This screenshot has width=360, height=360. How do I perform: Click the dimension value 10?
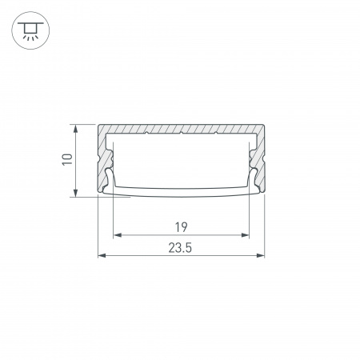click(x=67, y=159)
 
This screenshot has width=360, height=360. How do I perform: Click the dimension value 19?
click(x=182, y=227)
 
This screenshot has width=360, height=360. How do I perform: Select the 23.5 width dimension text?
click(x=180, y=248)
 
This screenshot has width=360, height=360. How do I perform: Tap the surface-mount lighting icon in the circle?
click(x=30, y=30)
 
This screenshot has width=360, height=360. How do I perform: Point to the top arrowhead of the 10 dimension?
click(x=76, y=129)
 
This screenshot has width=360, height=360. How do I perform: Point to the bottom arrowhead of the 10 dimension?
click(x=76, y=193)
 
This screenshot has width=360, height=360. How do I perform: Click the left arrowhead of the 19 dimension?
click(x=118, y=235)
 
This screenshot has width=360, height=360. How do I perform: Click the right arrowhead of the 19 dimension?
click(x=245, y=235)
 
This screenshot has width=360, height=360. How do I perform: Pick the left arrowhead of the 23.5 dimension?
click(x=102, y=255)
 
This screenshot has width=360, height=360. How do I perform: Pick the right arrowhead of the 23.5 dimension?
click(x=260, y=255)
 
